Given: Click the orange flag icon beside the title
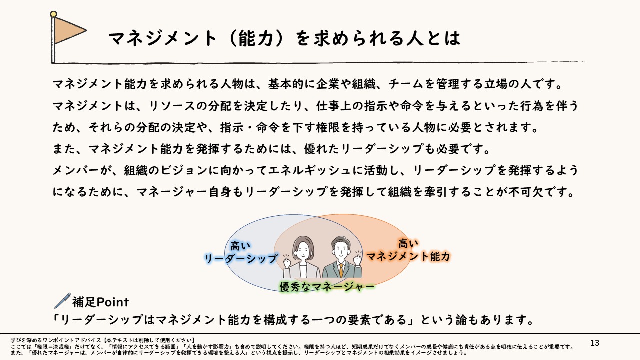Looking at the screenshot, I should point(69,31).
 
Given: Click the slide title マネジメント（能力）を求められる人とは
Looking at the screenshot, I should point(284,38).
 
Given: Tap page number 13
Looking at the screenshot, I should point(594,343).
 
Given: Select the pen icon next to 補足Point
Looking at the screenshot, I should point(62,301).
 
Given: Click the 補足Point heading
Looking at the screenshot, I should point(100,302).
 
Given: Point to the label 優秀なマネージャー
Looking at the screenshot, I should point(327,287).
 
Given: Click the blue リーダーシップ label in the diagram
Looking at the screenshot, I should point(240,258).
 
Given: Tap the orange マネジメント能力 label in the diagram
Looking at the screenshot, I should point(408,256).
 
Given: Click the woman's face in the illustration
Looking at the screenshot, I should point(303,248).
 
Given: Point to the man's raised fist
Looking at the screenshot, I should point(358,260).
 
